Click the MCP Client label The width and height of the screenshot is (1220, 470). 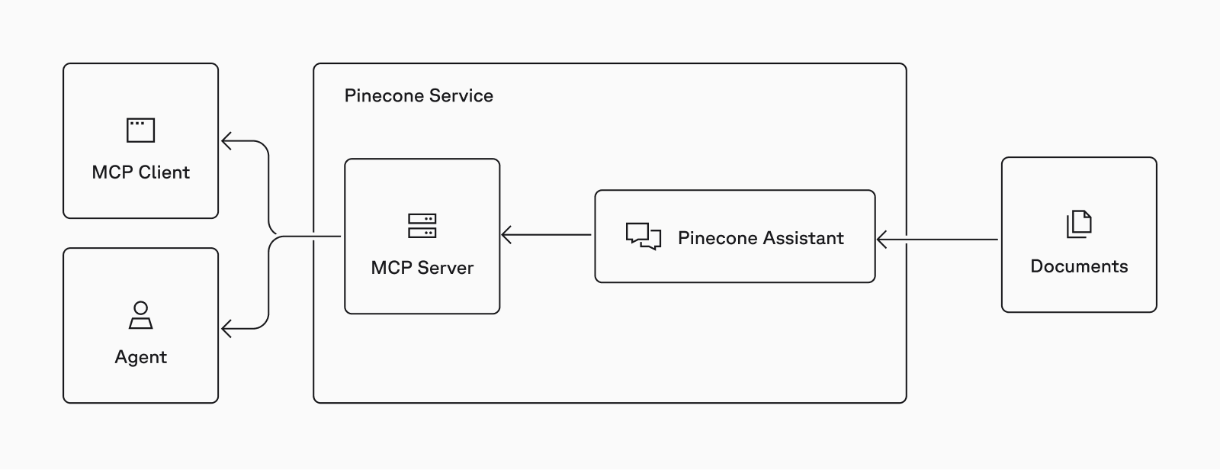(140, 172)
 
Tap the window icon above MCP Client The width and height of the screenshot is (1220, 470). (140, 130)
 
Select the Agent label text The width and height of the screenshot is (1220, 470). (140, 357)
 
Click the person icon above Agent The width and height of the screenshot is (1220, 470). (140, 315)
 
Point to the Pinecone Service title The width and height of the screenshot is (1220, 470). (419, 96)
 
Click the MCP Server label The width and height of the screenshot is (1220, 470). (422, 268)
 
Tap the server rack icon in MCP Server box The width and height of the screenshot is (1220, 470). (422, 226)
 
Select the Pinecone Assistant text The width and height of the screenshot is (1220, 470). (760, 238)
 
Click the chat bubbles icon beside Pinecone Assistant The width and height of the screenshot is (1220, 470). (643, 237)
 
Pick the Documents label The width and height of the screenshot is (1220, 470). (1079, 266)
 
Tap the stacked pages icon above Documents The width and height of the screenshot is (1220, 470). (1079, 224)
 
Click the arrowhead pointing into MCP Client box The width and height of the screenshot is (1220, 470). (226, 141)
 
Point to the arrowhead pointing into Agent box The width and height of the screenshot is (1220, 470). (226, 329)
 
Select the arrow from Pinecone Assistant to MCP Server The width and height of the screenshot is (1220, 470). (546, 235)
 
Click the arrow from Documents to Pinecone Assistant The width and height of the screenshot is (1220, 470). (938, 240)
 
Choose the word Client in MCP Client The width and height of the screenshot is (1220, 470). (164, 172)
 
